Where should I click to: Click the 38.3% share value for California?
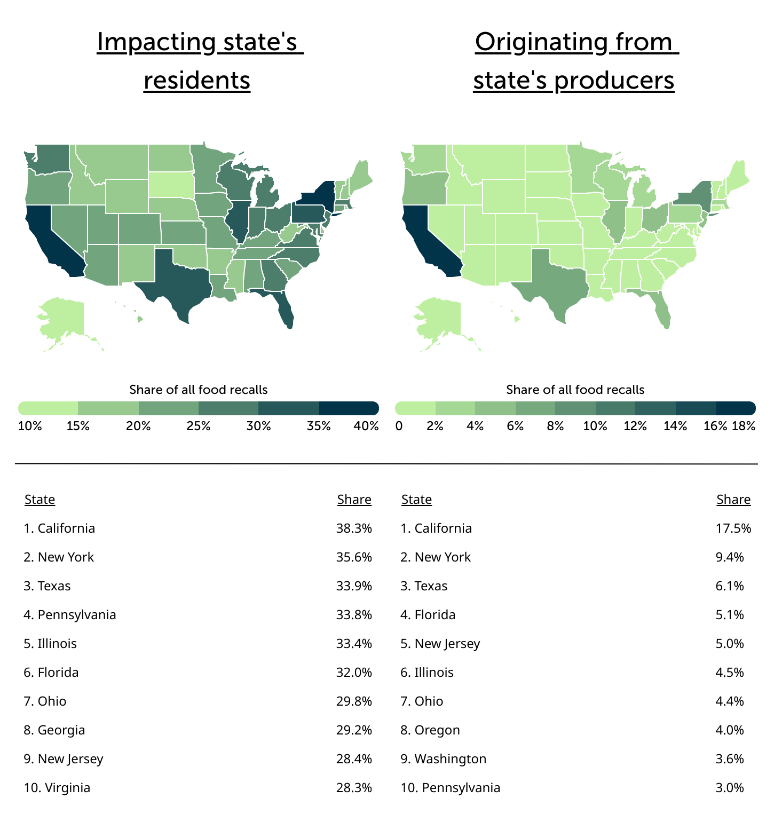tap(354, 528)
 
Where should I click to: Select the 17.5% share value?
tap(733, 528)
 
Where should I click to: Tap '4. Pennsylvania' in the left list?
tap(70, 615)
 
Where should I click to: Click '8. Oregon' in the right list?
tap(430, 730)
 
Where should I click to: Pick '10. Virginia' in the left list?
tap(57, 788)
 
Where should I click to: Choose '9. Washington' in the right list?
tap(444, 759)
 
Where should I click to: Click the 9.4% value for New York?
tap(729, 557)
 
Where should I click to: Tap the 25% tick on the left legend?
tap(199, 426)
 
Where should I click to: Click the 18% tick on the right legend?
tap(744, 426)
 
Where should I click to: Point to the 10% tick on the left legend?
tap(30, 426)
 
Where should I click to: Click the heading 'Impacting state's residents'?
tap(200, 61)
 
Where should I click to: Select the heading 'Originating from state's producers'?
tap(575, 61)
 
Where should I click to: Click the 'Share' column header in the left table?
tap(354, 500)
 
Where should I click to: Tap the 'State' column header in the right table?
tap(416, 500)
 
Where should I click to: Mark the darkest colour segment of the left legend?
tap(349, 408)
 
